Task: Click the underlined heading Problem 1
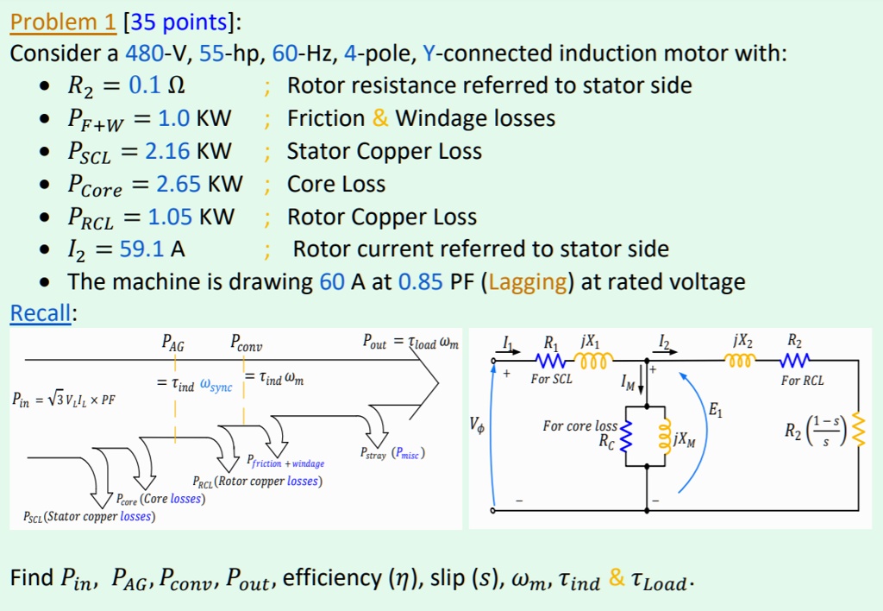click(63, 21)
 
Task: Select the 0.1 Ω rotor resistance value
click(158, 86)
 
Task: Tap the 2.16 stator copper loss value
click(167, 152)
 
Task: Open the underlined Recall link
click(41, 313)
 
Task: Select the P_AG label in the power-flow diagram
click(173, 344)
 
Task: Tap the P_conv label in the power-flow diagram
click(246, 344)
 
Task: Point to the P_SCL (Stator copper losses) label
click(89, 517)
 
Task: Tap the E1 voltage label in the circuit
click(715, 413)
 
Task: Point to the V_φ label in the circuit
click(476, 425)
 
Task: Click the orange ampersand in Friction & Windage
click(380, 119)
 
